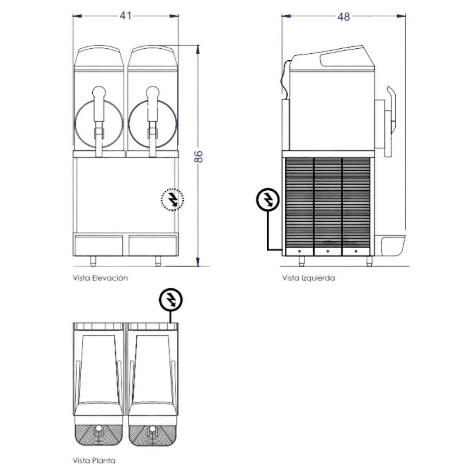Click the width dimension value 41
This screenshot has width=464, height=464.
126,15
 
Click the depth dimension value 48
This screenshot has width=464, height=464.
343,17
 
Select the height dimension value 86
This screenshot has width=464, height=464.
199,156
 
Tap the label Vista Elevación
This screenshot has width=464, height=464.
100,278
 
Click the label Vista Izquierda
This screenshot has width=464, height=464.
309,278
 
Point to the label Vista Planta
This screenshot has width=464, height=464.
94,460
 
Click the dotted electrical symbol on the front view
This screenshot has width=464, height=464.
172,200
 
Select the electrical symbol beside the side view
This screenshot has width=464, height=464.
268,200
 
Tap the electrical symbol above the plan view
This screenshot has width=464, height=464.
171,300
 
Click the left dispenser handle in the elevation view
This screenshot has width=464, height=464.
99,121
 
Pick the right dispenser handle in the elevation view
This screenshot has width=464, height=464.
152,121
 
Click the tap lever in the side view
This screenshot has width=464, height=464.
390,121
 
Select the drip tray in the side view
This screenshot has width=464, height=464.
393,245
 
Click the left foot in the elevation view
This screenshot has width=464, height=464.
93,261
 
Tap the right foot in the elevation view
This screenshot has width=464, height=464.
158,261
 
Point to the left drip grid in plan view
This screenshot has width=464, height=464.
99,435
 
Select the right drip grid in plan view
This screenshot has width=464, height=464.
153,435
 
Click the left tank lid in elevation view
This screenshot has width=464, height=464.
99,58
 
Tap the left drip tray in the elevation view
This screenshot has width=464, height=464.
98,245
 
